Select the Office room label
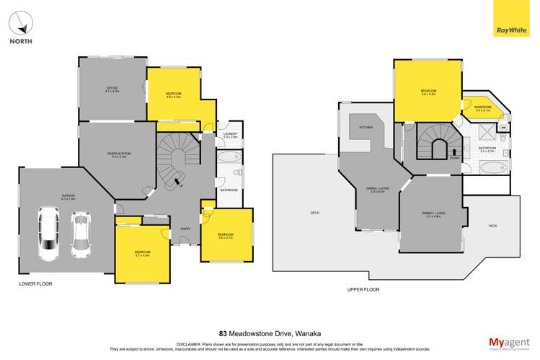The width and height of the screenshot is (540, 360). [x=112, y=90]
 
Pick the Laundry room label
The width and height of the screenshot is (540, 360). [x=230, y=134]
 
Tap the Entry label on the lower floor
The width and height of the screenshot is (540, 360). [x=185, y=229]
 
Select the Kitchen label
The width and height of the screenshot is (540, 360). [x=366, y=128]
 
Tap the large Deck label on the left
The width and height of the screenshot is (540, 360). [x=314, y=212]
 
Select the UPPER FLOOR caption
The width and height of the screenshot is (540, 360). [x=363, y=289]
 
